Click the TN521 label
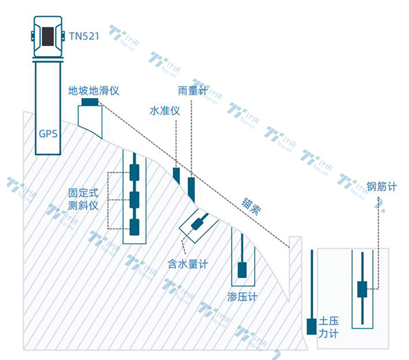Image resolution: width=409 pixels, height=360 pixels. coord(85,35)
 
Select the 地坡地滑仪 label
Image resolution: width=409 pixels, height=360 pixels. coord(94,90)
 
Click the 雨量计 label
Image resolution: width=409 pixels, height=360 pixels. coord(192,91)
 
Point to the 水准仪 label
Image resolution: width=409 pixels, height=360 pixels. coord(165,110)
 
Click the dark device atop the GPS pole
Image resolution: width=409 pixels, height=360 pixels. coord(48,35)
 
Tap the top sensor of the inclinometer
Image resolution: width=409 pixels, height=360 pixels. coord(134,171)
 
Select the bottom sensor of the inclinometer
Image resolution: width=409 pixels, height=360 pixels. coord(134,226)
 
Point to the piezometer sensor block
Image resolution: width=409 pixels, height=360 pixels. coord(242,269)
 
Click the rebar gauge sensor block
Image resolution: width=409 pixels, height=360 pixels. coord(362,288)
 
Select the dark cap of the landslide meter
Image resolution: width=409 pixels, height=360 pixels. coord(89,102)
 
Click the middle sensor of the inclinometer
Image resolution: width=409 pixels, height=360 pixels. coord(134,199)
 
